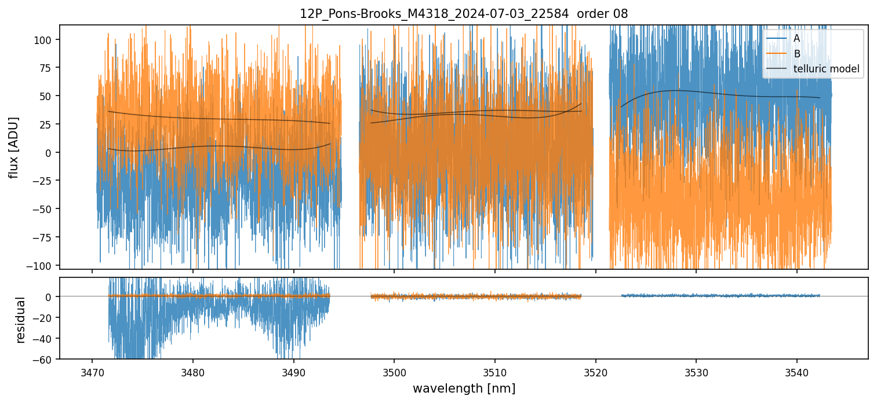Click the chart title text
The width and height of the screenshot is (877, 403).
pos(464,14)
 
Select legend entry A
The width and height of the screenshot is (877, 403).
pos(796,38)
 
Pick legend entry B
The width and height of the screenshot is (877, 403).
pos(796,54)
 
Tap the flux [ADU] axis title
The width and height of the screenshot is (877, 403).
pos(13,147)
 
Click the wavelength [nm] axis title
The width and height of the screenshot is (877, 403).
pos(464,389)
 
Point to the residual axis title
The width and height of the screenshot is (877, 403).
pos(21,320)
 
